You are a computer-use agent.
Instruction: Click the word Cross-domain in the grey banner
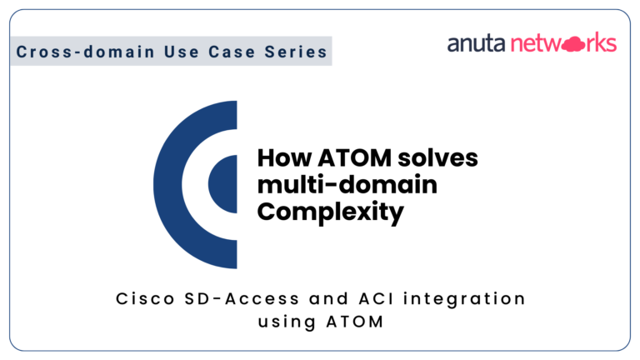point(85,52)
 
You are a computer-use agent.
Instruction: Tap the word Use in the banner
point(182,52)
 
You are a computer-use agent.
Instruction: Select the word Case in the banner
point(232,52)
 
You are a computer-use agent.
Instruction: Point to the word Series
point(296,52)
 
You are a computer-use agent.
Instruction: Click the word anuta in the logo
point(477,43)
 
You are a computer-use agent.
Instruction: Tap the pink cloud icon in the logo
point(574,44)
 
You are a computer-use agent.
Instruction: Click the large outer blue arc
point(167,184)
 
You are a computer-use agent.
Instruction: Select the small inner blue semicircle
point(222,184)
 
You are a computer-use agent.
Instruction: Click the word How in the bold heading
point(284,158)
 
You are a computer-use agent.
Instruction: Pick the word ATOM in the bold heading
point(354,158)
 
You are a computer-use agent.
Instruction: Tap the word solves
point(437,158)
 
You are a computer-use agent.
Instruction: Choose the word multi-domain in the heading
point(347,184)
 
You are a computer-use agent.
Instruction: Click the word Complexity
point(331,212)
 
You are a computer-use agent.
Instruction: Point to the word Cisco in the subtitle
point(145,299)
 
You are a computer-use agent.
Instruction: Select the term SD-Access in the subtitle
point(242,299)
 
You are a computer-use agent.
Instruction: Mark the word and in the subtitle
point(329,299)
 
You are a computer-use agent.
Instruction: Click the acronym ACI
point(377,299)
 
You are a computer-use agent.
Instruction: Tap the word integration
point(464,300)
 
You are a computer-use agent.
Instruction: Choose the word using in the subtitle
point(287,322)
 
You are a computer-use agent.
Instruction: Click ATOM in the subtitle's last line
point(355,322)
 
